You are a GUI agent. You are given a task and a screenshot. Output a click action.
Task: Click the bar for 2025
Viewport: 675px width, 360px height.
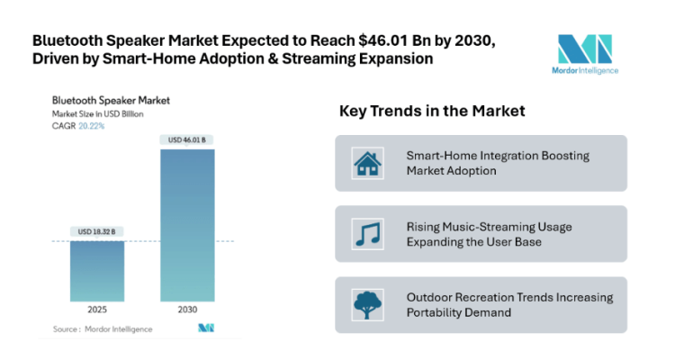point(98,271)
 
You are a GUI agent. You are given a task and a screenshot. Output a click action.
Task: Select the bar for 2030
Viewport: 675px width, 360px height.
point(188,225)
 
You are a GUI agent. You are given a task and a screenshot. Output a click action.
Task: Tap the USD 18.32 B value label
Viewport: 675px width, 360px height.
point(98,232)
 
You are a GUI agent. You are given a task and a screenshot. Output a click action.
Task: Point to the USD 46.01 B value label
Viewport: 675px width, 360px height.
point(188,139)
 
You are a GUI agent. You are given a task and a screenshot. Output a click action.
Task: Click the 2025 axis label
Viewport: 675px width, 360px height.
point(98,310)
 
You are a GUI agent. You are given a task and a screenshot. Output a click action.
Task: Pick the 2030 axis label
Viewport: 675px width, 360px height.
point(188,310)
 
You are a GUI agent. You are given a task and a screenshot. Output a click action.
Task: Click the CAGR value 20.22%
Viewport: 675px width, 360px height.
point(92,127)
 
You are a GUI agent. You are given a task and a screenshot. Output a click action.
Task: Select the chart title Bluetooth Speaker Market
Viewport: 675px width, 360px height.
point(111,100)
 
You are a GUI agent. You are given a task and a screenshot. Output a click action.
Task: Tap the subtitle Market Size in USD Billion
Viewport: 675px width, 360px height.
point(98,114)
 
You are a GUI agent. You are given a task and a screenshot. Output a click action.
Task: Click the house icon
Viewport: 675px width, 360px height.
point(366,164)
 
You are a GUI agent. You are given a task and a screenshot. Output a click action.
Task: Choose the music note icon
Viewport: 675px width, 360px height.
point(366,234)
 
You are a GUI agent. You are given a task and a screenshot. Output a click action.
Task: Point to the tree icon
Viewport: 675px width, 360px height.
point(366,305)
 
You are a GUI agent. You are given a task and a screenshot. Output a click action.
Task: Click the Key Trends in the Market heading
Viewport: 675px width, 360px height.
point(431,112)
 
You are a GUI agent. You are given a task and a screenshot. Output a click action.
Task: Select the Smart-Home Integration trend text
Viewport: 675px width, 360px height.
point(498,163)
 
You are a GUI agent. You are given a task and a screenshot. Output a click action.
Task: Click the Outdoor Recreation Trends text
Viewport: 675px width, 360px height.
point(508,305)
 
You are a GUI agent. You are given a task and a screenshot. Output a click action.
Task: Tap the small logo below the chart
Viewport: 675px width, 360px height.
point(206,328)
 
